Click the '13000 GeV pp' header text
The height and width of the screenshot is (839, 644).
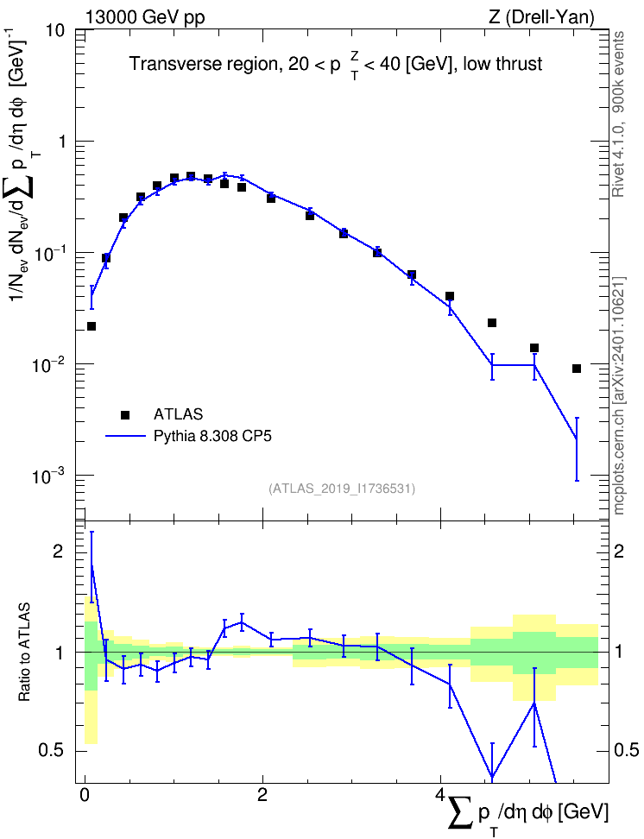(144, 17)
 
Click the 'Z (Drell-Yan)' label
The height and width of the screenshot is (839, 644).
(541, 17)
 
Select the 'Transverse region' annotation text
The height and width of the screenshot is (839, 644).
(202, 64)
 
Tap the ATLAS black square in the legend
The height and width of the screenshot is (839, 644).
(125, 414)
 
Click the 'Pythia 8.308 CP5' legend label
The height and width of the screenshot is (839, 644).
(212, 437)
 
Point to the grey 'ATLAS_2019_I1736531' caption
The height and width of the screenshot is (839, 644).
(342, 489)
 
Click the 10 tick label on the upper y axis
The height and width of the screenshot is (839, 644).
(54, 30)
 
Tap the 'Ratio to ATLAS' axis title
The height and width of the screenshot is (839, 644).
(24, 653)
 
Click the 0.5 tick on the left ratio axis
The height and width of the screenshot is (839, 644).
(52, 751)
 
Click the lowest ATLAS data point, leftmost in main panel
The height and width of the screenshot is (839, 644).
(92, 326)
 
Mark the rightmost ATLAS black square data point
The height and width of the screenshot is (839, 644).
(577, 368)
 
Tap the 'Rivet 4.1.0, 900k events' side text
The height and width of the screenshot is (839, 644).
(618, 114)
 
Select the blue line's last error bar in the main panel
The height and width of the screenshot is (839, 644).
(577, 449)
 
